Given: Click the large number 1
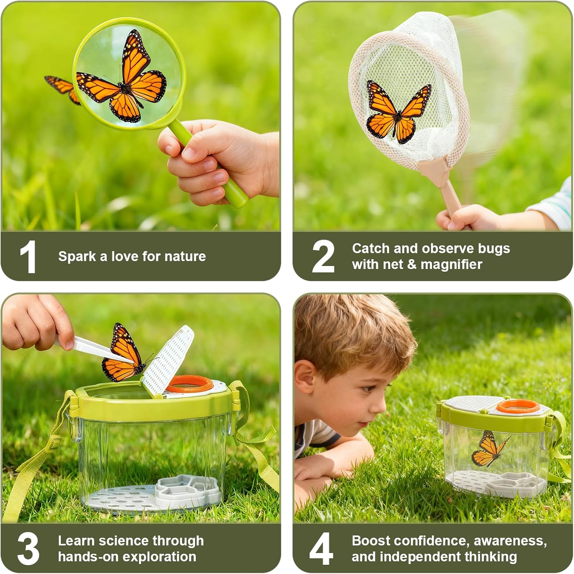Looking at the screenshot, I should click(28, 257).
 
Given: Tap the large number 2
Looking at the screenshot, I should click(323, 257).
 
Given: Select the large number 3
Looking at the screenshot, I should click(28, 549).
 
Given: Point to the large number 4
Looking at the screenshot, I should click(321, 549).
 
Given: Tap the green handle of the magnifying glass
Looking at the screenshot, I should click(209, 165).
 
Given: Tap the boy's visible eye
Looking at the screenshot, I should click(368, 388).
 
